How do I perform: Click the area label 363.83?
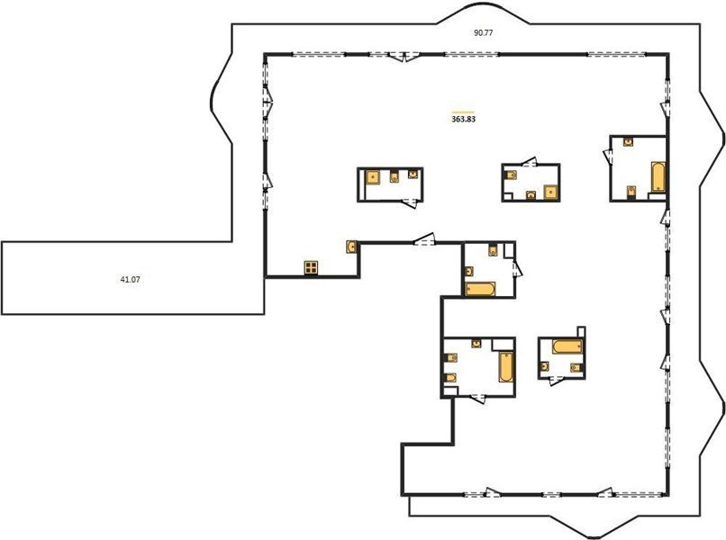(463, 119)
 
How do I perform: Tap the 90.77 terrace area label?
(483, 33)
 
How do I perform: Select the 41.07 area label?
(130, 280)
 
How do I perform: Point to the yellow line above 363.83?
(463, 112)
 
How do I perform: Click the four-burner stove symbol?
(311, 268)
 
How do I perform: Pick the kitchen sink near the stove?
(352, 247)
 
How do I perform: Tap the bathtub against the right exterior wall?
(658, 176)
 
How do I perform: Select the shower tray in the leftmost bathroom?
(373, 177)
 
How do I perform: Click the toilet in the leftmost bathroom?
(394, 176)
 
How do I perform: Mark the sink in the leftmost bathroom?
(413, 174)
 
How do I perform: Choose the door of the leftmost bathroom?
(410, 202)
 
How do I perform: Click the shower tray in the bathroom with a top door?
(550, 192)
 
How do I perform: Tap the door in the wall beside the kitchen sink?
(424, 239)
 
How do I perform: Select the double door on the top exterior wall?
(404, 57)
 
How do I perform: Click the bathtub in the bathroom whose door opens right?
(481, 289)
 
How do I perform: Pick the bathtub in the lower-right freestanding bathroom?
(567, 346)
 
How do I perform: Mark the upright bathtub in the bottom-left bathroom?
(506, 367)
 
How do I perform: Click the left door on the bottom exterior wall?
(492, 493)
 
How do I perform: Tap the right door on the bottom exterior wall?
(606, 493)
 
